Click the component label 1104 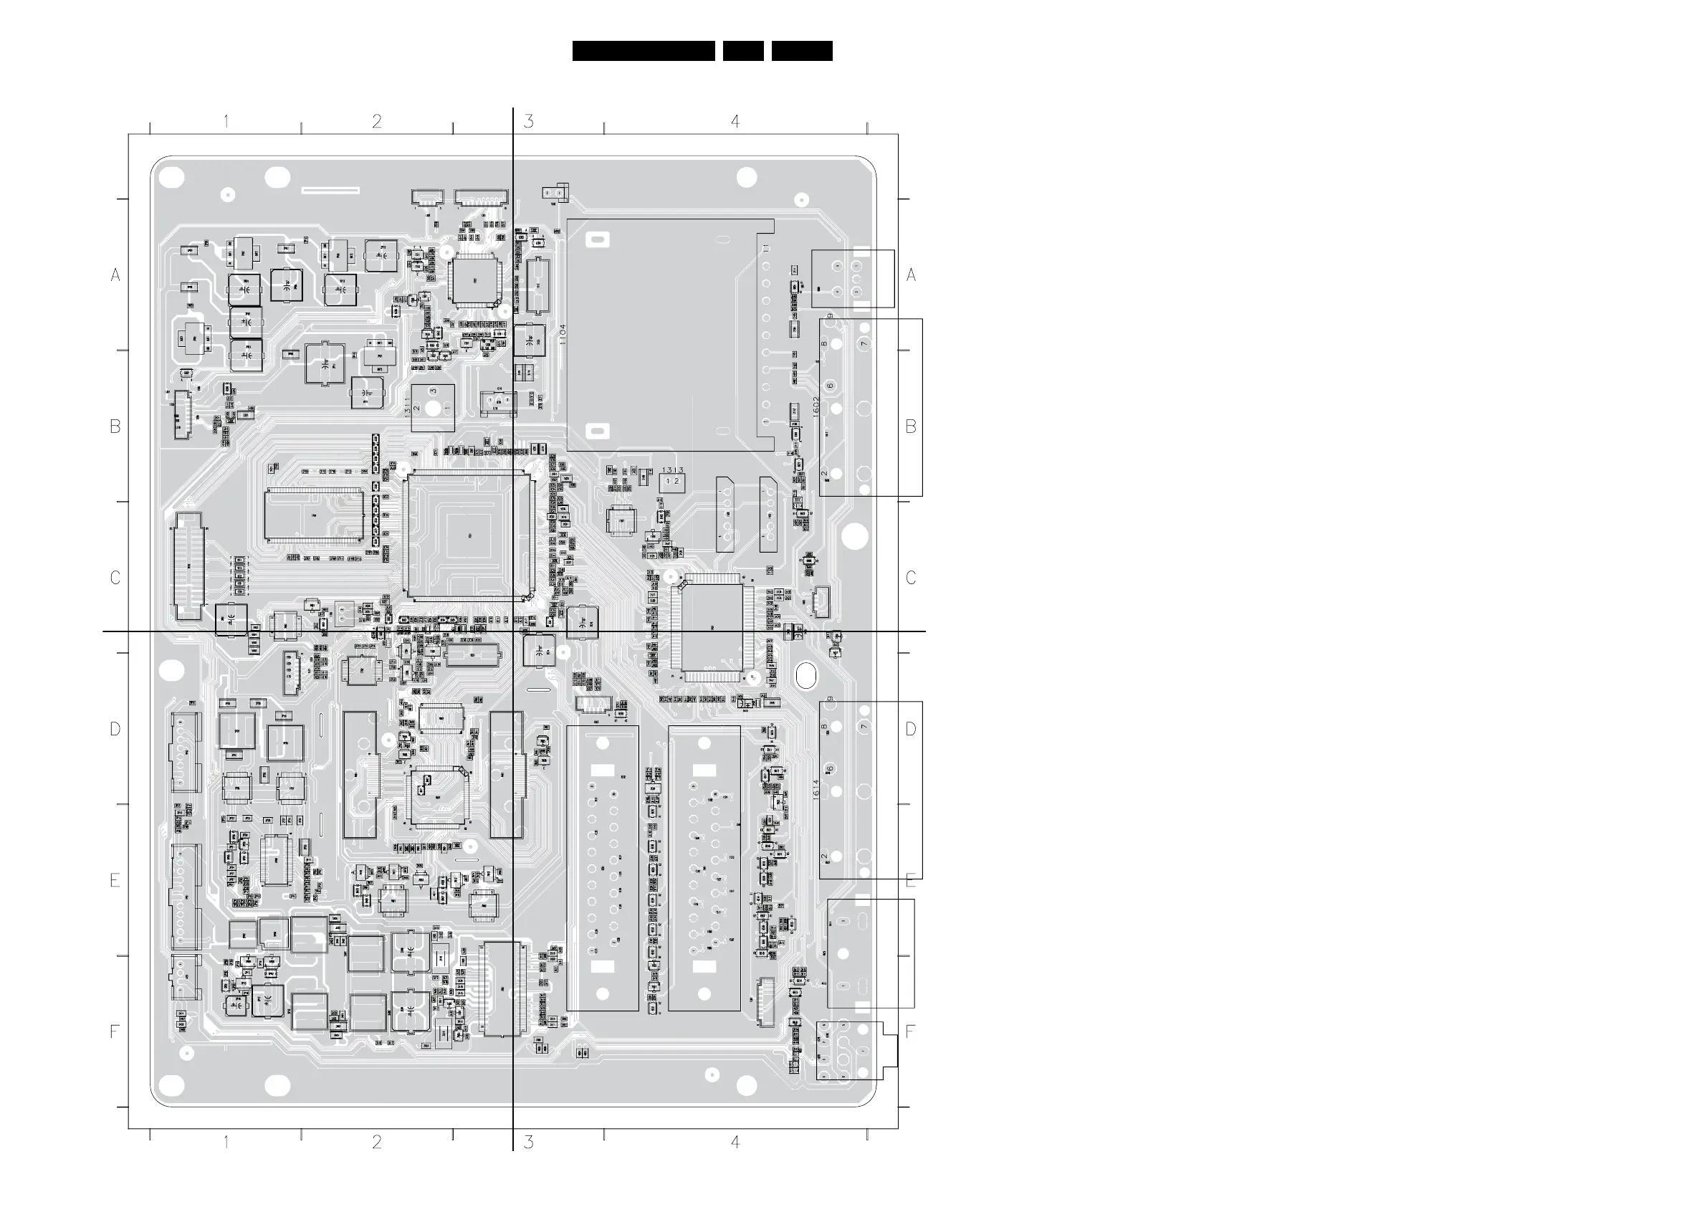(x=563, y=334)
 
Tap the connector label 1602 (x=816, y=406)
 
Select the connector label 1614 (x=816, y=789)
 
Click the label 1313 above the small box (x=673, y=470)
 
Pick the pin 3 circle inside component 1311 (x=433, y=391)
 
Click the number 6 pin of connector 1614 (x=830, y=768)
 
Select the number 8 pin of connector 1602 (x=824, y=343)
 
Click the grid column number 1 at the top (x=226, y=121)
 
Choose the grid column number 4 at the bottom (x=735, y=1142)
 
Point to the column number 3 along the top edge (x=529, y=121)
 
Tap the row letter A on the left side (x=115, y=275)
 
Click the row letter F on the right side (x=910, y=1031)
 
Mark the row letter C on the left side (x=115, y=578)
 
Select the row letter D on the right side (x=911, y=729)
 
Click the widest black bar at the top (x=643, y=51)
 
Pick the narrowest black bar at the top (x=742, y=51)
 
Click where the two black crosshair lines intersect (x=513, y=631)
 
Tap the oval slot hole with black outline (x=806, y=675)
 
